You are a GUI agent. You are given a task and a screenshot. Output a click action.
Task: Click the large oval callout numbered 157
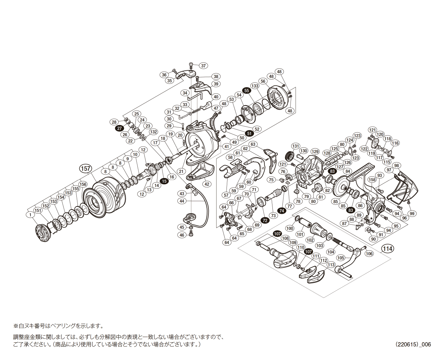tap(85, 168)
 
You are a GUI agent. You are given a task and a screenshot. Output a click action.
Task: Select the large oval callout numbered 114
tap(387, 249)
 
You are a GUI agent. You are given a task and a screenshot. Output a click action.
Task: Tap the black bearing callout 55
tap(247, 91)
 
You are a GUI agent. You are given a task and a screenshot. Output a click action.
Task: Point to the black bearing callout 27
tap(119, 128)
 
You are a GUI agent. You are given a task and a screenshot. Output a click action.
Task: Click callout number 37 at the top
tap(203, 66)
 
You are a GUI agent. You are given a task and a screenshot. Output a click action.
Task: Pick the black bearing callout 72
tap(265, 220)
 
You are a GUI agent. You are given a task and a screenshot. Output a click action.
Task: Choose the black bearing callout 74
tap(282, 211)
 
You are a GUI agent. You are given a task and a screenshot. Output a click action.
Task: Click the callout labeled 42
tap(207, 184)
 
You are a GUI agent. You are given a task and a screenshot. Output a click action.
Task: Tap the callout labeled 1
tap(30, 215)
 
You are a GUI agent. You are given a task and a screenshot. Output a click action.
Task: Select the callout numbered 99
tap(412, 214)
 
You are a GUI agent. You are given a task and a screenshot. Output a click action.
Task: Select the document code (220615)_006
tap(413, 344)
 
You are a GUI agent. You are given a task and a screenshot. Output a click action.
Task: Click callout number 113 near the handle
tap(331, 265)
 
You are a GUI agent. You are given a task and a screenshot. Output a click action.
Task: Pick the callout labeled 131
tap(295, 146)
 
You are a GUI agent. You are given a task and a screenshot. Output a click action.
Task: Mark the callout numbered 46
tap(182, 235)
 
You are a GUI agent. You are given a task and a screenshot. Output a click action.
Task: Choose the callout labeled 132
tap(153, 132)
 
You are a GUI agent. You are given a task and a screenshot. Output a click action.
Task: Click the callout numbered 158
tap(372, 180)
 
